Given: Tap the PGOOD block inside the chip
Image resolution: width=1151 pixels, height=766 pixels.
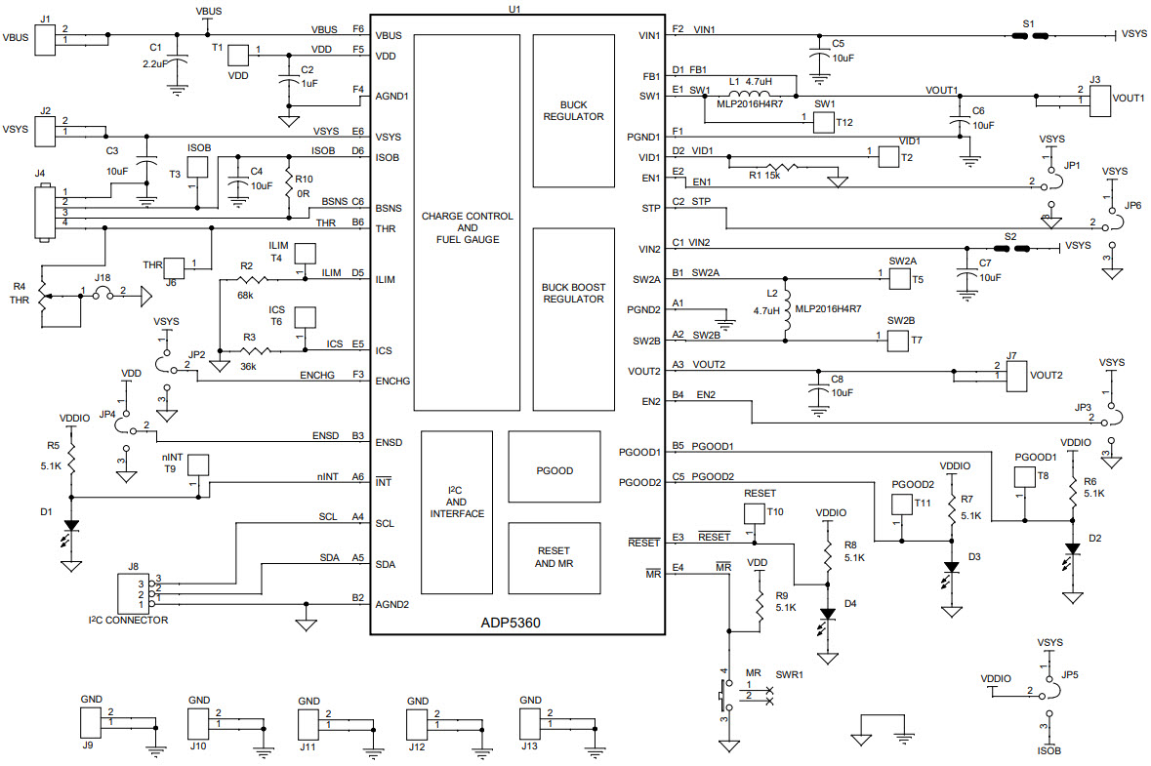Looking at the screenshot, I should click(x=554, y=470).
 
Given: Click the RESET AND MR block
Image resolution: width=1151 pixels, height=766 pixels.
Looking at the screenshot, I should click(x=554, y=557).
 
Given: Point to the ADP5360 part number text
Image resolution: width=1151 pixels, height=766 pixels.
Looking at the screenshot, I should click(x=515, y=622).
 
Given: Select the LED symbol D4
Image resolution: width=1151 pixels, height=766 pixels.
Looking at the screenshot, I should click(x=828, y=615).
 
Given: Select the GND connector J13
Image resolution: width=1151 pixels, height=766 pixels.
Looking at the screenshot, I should click(x=530, y=723).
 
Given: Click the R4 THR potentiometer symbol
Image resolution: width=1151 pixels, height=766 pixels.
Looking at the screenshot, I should click(x=42, y=295).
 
